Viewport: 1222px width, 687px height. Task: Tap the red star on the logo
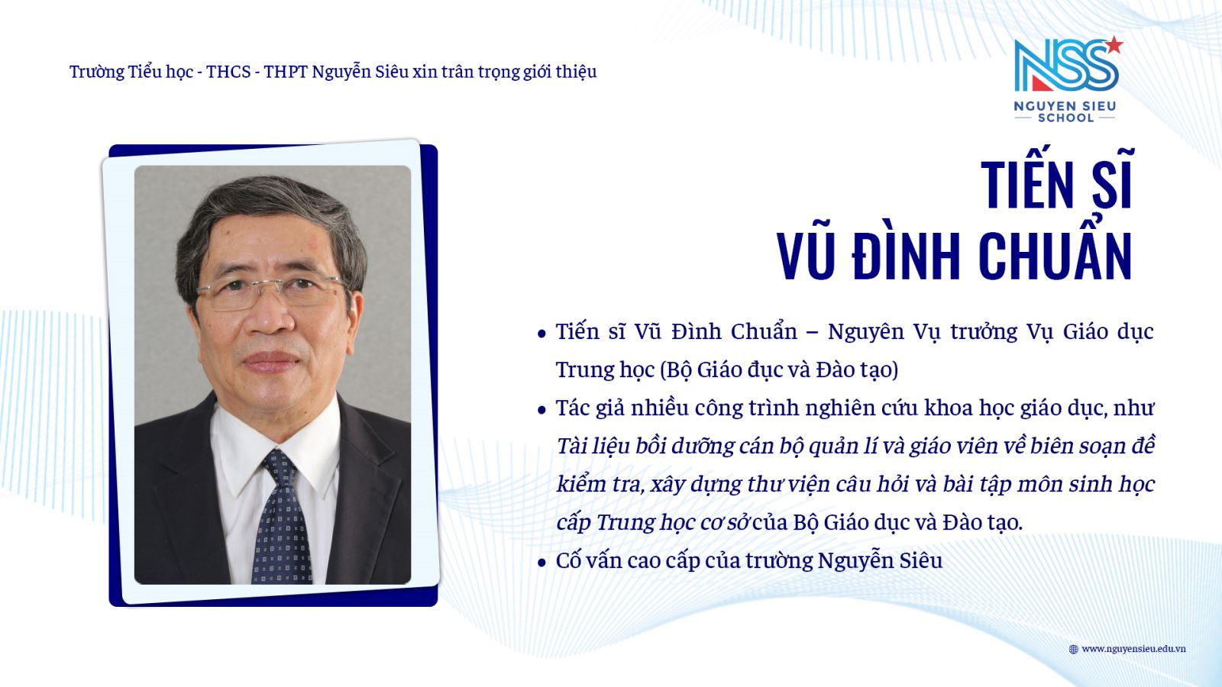pyautogui.click(x=1114, y=45)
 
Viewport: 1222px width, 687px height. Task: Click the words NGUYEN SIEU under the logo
pyautogui.click(x=1065, y=106)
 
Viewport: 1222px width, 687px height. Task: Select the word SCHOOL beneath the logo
pyautogui.click(x=1065, y=118)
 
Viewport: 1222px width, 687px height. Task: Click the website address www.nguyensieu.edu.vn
pyautogui.click(x=1133, y=649)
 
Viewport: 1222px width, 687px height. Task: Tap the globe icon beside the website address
pyautogui.click(x=1073, y=649)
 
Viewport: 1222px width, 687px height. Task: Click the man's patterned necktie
pyautogui.click(x=280, y=518)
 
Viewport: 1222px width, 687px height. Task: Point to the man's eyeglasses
pyautogui.click(x=271, y=292)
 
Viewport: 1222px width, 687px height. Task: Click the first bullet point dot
pyautogui.click(x=541, y=334)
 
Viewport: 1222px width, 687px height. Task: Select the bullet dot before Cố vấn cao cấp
pyautogui.click(x=541, y=563)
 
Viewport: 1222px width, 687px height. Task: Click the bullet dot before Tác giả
pyautogui.click(x=541, y=410)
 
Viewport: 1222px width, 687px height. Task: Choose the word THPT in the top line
pyautogui.click(x=286, y=72)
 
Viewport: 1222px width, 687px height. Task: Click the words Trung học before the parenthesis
pyautogui.click(x=605, y=370)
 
